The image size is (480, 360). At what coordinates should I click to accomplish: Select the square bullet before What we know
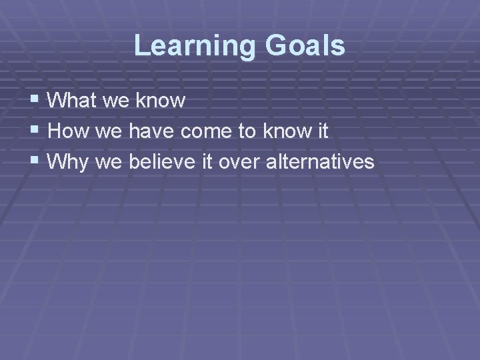click(x=35, y=101)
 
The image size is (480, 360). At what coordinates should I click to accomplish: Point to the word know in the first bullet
click(x=160, y=101)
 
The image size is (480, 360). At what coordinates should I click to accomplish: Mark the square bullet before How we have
click(x=35, y=131)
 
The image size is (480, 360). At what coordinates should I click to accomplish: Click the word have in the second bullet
click(x=151, y=131)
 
